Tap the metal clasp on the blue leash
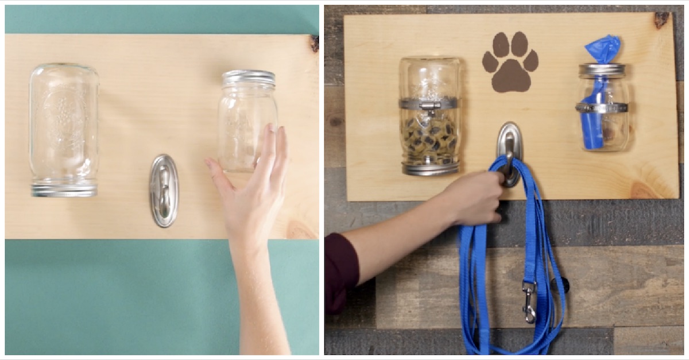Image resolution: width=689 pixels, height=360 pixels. click(529, 301)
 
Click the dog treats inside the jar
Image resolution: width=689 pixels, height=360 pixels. click(430, 138)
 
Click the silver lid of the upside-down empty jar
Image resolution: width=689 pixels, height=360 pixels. click(64, 189)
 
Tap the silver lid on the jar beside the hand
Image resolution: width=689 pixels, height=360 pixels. click(249, 78)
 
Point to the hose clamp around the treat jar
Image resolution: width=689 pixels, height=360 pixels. click(430, 104)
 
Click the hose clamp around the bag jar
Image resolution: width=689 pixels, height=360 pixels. click(602, 107)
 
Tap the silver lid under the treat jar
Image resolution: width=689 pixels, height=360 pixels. click(431, 168)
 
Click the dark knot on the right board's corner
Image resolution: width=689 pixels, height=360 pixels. click(661, 20)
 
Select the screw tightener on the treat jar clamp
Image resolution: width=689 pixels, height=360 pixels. click(428, 106)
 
